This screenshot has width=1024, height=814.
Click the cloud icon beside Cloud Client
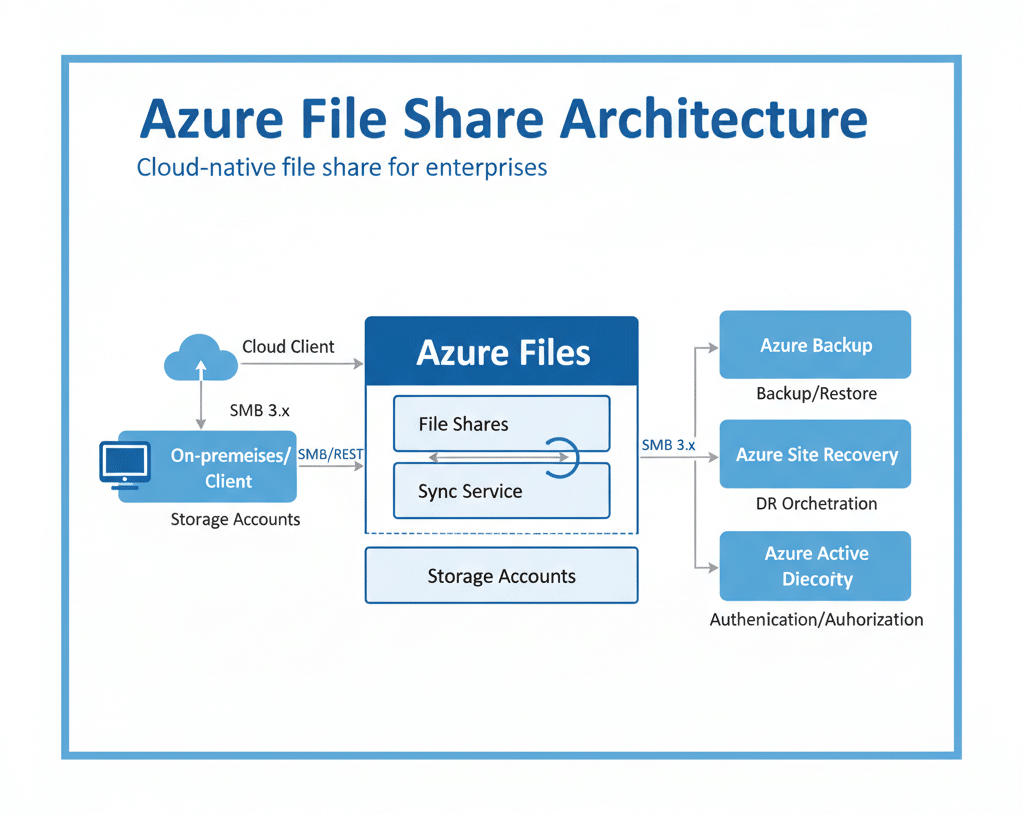[198, 358]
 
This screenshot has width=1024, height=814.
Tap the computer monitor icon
[125, 465]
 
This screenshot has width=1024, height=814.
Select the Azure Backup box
[815, 345]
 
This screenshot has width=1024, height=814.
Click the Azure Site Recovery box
[815, 455]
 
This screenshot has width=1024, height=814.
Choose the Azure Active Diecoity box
[815, 566]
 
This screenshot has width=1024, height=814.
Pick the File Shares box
[501, 424]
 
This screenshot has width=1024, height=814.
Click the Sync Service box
[501, 491]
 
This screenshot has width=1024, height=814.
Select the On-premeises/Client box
[229, 467]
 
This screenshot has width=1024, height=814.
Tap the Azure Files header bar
[501, 352]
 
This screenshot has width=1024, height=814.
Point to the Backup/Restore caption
[816, 394]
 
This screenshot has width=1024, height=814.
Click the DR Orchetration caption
[816, 504]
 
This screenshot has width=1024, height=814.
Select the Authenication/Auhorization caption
[816, 620]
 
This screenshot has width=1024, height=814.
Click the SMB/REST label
[331, 455]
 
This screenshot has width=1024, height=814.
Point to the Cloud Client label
[288, 347]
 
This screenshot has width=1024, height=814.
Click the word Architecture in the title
[713, 118]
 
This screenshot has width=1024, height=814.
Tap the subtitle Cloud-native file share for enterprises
[342, 167]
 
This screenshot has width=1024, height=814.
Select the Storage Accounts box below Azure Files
[501, 576]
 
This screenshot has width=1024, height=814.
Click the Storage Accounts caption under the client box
[235, 519]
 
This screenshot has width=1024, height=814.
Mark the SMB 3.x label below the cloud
[259, 410]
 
